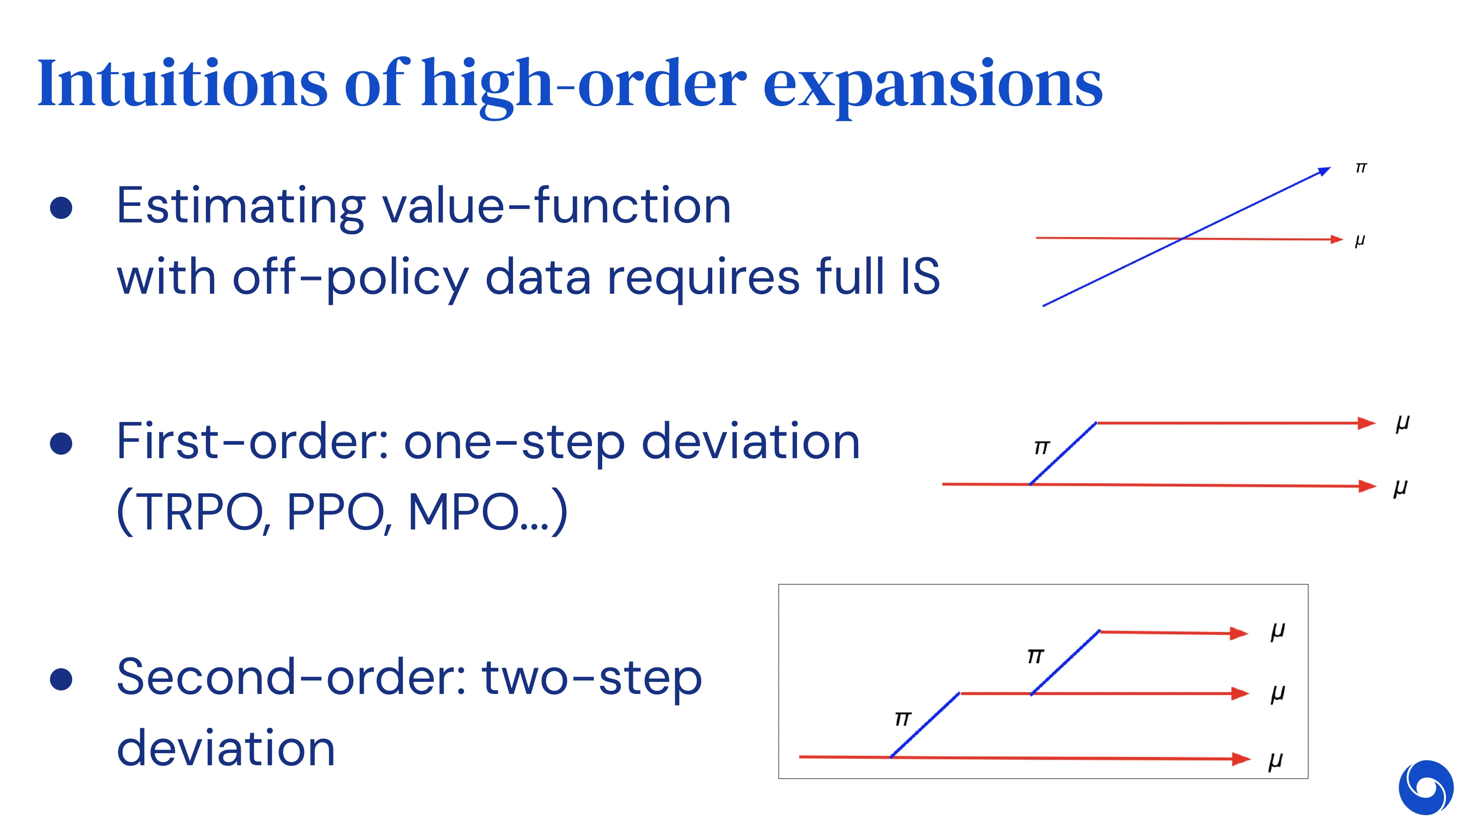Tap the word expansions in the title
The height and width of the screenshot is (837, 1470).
pyautogui.click(x=932, y=86)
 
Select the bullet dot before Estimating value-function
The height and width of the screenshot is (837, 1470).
pyautogui.click(x=61, y=208)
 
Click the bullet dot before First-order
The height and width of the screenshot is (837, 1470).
pyautogui.click(x=61, y=443)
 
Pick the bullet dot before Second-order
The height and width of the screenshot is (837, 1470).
pyautogui.click(x=61, y=679)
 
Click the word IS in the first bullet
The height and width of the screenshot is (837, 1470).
pyautogui.click(x=920, y=277)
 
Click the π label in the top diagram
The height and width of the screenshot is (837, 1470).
pyautogui.click(x=1360, y=168)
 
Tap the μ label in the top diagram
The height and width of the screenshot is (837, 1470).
pyautogui.click(x=1359, y=240)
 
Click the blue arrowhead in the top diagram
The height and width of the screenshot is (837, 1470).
pyautogui.click(x=1324, y=171)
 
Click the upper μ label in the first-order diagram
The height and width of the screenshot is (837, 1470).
pyautogui.click(x=1402, y=424)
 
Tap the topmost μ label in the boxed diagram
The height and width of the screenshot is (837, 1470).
pyautogui.click(x=1277, y=631)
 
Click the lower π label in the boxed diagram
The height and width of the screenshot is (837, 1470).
pyautogui.click(x=903, y=718)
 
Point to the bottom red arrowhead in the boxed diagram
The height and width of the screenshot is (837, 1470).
pyautogui.click(x=1240, y=759)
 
